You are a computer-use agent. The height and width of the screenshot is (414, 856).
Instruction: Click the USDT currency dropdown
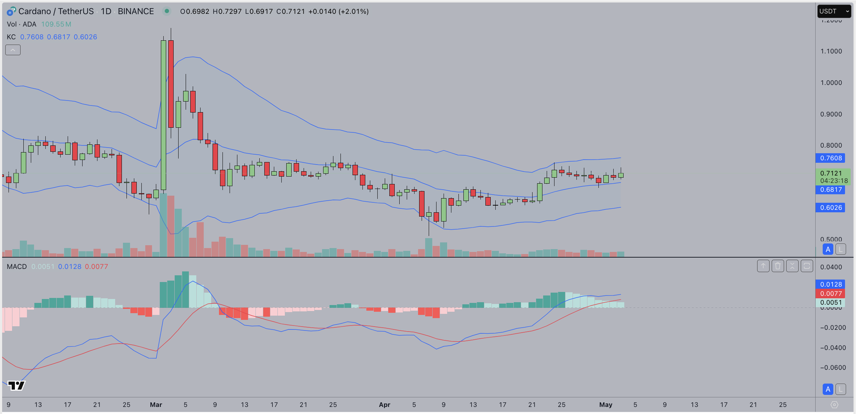[834, 11]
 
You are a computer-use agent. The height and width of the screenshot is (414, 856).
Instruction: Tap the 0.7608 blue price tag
[830, 158]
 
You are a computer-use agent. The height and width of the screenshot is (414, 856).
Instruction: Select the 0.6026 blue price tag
[830, 208]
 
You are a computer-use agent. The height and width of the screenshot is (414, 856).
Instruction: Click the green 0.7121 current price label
[833, 174]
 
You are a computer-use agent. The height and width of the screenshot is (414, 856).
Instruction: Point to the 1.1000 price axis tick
[831, 51]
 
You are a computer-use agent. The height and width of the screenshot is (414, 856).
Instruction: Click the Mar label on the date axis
[156, 404]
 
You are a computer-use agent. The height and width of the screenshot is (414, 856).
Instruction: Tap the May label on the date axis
[606, 404]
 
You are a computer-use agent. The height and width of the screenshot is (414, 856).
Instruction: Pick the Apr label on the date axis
[384, 404]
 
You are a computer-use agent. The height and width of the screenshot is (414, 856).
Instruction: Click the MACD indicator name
[17, 266]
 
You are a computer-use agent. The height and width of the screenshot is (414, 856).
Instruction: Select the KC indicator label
[11, 37]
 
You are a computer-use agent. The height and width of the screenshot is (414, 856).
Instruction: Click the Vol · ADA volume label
[22, 24]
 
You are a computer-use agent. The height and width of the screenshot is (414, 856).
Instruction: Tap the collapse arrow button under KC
[13, 50]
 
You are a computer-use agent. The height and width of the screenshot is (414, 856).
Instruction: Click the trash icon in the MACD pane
[778, 266]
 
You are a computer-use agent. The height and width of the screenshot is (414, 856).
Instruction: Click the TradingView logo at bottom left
[16, 385]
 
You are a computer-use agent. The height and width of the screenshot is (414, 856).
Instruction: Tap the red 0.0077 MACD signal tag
[830, 293]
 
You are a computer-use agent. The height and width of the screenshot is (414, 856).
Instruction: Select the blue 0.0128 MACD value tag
[830, 284]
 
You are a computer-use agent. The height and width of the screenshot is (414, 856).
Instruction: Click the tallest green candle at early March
[163, 115]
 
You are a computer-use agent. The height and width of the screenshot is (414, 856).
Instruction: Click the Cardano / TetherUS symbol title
[56, 11]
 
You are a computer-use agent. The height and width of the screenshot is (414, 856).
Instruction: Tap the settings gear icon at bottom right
[834, 404]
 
